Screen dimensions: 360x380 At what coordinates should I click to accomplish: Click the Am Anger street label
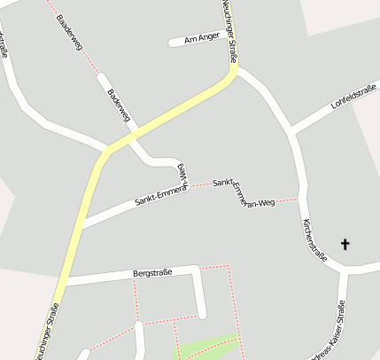click(201, 38)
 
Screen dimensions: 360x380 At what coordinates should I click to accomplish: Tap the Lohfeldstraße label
click(353, 97)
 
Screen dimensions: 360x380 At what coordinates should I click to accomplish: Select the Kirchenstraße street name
click(314, 239)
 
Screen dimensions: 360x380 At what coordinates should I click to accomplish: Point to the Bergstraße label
click(151, 273)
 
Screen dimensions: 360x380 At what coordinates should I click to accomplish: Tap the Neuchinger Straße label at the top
click(229, 31)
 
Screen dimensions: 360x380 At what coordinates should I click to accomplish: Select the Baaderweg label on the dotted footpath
click(67, 30)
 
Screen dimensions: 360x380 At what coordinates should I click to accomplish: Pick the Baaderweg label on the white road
click(119, 105)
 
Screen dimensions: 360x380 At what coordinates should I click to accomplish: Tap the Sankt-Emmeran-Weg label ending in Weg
click(244, 192)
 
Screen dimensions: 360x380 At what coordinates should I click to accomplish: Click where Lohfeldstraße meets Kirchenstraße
click(291, 133)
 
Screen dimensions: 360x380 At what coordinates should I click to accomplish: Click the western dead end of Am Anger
click(171, 43)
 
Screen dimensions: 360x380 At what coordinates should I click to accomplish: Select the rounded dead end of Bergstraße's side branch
click(202, 313)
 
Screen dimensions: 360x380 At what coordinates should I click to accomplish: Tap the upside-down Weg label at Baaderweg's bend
click(182, 169)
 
